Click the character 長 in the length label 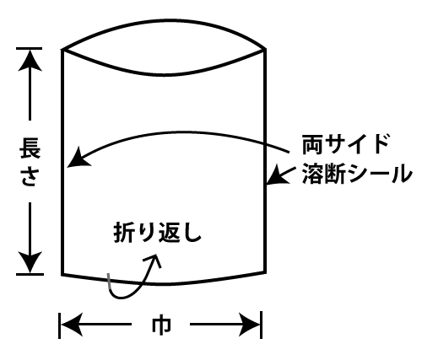click(30, 148)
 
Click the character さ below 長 click(30, 175)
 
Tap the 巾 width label click(161, 325)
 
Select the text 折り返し click(158, 233)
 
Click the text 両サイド click(345, 144)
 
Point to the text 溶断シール click(357, 174)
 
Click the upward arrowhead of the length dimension click(30, 61)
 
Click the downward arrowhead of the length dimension click(30, 262)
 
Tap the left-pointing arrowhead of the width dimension click(72, 325)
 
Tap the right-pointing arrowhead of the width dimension click(249, 325)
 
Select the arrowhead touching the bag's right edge click(277, 175)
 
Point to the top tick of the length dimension click(30, 49)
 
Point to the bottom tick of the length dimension click(30, 274)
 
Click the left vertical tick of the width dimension click(59, 325)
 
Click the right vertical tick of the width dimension click(262, 325)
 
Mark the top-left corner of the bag click(62, 50)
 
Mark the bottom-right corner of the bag click(265, 272)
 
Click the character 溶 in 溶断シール click(312, 174)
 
